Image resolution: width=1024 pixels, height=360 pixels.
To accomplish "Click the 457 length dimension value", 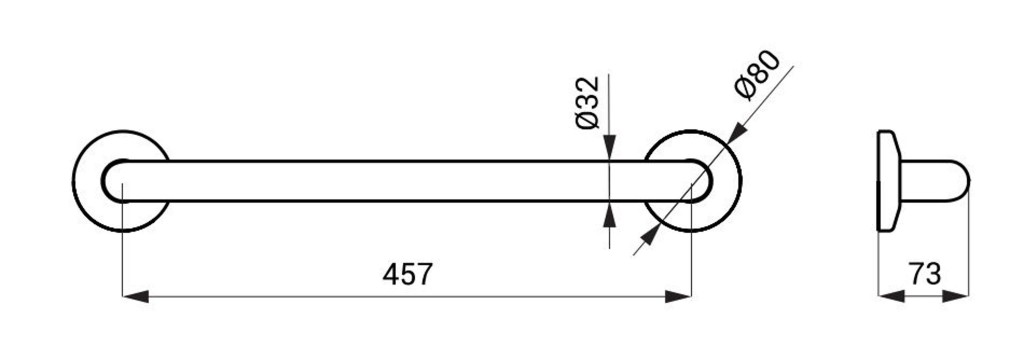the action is click(408, 274).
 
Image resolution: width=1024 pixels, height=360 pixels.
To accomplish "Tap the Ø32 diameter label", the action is click(588, 103).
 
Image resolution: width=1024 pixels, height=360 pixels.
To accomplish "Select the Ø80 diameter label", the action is click(757, 75).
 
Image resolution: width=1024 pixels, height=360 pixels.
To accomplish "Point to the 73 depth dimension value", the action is click(925, 274).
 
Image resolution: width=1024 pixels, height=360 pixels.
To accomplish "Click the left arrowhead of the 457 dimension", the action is click(136, 297).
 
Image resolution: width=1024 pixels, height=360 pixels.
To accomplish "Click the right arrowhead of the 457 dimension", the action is click(678, 297).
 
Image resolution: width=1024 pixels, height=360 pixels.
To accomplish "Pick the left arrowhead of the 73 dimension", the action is click(891, 296).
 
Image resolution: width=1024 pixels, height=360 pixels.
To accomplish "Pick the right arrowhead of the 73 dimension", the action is click(956, 296).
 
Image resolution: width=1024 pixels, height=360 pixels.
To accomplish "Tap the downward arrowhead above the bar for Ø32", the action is click(609, 148).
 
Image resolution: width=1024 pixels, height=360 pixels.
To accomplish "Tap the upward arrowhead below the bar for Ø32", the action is click(609, 214).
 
